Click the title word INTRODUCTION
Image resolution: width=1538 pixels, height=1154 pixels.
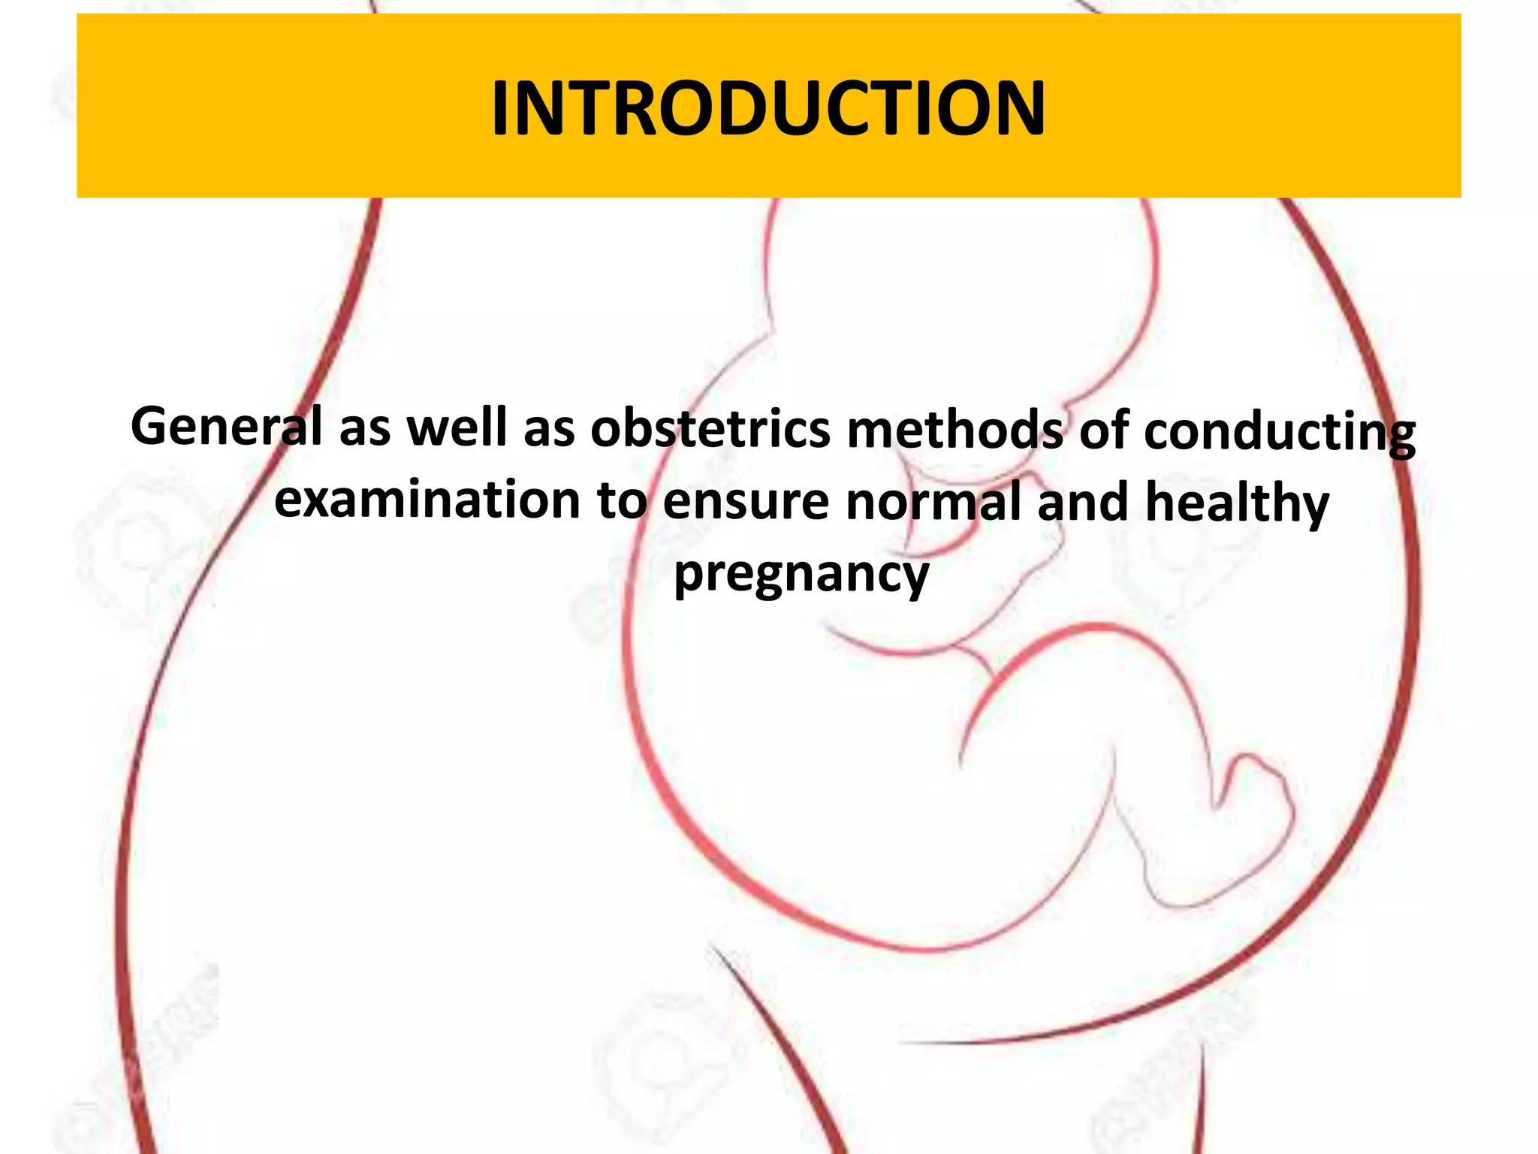768,109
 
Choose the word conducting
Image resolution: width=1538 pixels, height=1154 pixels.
1280,434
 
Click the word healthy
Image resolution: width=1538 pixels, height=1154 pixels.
1237,505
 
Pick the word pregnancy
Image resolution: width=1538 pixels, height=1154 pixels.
801,576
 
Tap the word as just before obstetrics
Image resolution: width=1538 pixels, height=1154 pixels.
549,428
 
